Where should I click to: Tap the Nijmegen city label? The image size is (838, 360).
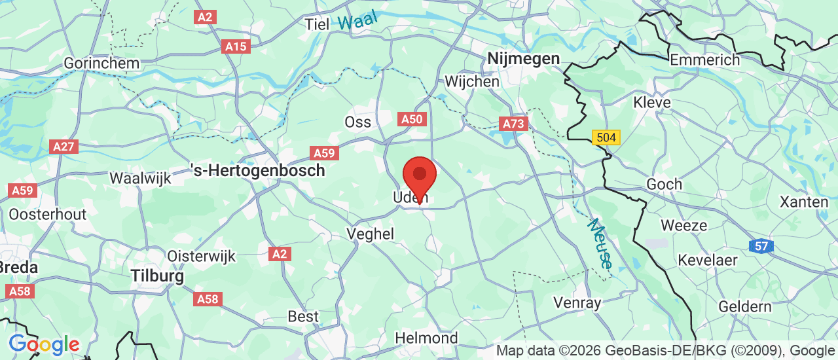523,60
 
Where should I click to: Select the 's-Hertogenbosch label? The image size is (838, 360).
257,171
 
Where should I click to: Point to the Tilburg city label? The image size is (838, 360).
157,276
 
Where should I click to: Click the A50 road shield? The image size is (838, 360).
412,119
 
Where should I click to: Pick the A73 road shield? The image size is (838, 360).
513,124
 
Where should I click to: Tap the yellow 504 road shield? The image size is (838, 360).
605,137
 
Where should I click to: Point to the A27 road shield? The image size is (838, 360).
64,146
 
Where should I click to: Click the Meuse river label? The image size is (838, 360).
600,243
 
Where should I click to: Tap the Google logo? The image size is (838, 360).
44,344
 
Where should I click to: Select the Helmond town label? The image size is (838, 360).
427,338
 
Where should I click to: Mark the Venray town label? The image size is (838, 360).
577,302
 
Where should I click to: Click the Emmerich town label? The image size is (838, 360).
704,60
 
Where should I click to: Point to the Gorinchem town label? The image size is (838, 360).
101,63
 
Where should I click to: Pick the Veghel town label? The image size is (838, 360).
371,234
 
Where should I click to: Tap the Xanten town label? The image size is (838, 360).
804,202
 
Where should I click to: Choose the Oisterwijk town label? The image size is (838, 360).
201,256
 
